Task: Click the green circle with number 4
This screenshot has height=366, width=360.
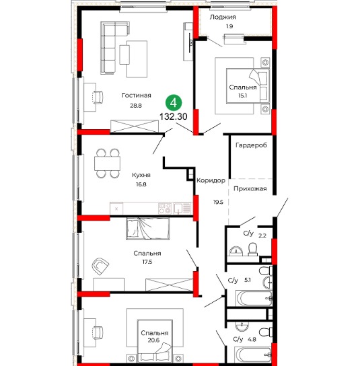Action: coord(174,103)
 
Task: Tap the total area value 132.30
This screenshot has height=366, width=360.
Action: coord(173,116)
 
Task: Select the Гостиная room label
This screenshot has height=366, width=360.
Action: coord(137,96)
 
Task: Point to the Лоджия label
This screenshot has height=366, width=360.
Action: coord(223,17)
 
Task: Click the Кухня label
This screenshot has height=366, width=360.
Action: coord(141,175)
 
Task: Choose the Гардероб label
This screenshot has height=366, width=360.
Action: coord(251,145)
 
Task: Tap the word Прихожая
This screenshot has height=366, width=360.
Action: coord(250,188)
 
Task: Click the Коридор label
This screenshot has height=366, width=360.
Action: coord(211,180)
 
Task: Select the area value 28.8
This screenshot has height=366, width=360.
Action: coord(136,106)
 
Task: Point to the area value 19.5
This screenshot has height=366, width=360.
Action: coord(218,202)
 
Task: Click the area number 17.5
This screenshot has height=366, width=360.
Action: coord(147,262)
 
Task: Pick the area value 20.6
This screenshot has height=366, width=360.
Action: coord(153,340)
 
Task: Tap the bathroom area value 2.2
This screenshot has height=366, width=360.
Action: coord(262,235)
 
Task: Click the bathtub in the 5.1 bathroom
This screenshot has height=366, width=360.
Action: coord(254,298)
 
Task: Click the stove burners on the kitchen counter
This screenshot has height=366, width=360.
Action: coord(166,208)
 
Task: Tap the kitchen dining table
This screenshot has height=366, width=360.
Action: coord(108,163)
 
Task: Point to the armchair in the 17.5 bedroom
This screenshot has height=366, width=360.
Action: coord(100,266)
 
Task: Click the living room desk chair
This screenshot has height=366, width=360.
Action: coord(98,97)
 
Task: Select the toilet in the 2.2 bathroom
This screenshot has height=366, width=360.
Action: coord(252,250)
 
